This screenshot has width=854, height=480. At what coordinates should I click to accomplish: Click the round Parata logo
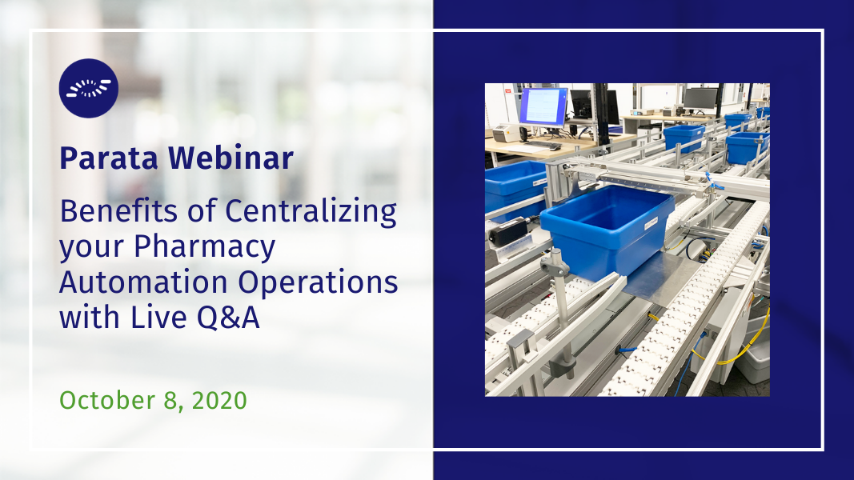(x=89, y=88)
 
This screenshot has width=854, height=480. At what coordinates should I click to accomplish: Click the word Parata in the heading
(x=109, y=158)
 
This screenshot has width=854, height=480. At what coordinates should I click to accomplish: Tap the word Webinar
(x=231, y=158)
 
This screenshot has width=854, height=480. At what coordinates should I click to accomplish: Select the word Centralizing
(x=311, y=212)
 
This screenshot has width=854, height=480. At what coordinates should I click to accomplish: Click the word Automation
(x=144, y=282)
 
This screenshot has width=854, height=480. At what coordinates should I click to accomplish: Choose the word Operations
(x=318, y=283)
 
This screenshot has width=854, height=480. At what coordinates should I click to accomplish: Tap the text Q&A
(x=228, y=318)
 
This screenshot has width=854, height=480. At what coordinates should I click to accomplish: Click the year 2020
(x=219, y=401)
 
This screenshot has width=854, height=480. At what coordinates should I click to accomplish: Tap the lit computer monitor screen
(x=543, y=106)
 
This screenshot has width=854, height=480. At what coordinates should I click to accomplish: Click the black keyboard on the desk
(x=543, y=146)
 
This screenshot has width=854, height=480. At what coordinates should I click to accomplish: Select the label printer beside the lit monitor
(x=507, y=133)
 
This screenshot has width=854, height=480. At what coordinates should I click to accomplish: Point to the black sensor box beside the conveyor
(x=507, y=230)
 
